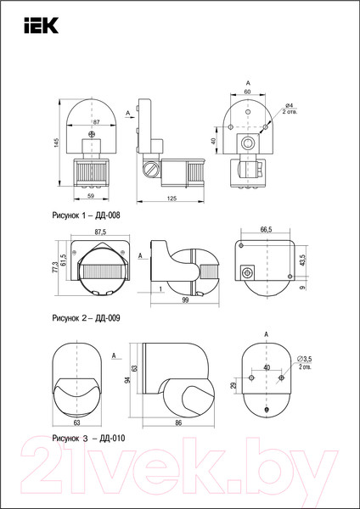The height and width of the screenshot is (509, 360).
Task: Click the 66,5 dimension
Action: click(x=266, y=229)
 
